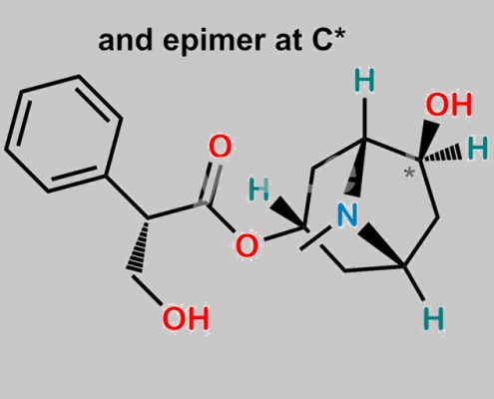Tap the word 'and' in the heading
(x=127, y=40)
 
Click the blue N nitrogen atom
(x=347, y=214)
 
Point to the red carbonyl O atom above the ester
(x=220, y=147)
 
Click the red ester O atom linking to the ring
(x=247, y=245)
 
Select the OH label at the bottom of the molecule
(x=186, y=318)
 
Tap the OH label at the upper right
(x=449, y=104)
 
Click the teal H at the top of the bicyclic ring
(x=365, y=80)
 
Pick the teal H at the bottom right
(x=434, y=318)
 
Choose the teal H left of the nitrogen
(x=258, y=190)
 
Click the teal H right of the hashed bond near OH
(x=477, y=148)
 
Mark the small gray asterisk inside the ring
(x=409, y=174)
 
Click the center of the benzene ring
(x=64, y=134)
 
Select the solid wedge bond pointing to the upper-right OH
(x=429, y=142)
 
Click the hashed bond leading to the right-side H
(x=440, y=154)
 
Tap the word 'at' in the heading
(x=288, y=41)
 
